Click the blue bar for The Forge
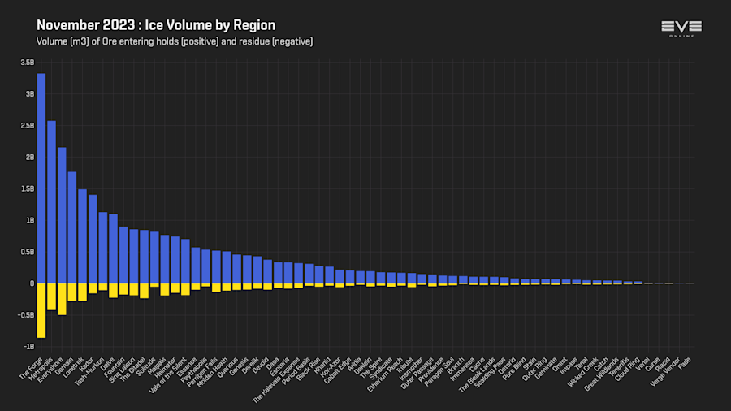[x=41, y=179]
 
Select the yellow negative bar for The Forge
[x=41, y=310]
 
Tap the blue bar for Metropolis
[x=51, y=202]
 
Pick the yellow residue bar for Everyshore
[x=62, y=299]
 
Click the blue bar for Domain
[x=71, y=227]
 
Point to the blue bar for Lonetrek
[x=82, y=236]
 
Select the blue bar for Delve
[x=113, y=249]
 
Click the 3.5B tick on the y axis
[x=28, y=63]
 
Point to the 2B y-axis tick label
[x=29, y=157]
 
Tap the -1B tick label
[x=28, y=346]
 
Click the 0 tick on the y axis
[x=32, y=283]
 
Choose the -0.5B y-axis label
[x=26, y=315]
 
